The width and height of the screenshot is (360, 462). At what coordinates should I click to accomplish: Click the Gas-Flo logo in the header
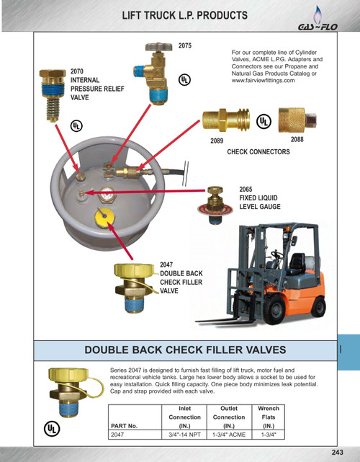click(x=318, y=19)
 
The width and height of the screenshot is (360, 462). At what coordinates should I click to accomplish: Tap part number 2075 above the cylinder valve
click(x=185, y=45)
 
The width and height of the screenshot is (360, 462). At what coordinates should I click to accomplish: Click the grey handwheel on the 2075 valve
click(x=158, y=47)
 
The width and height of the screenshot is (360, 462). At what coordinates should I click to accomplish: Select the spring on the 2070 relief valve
click(x=53, y=108)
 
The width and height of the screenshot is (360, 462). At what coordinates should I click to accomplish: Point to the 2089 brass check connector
click(x=226, y=120)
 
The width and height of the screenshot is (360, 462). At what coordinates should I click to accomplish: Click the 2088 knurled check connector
click(x=297, y=120)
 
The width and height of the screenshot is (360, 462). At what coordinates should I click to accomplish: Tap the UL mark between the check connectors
click(x=264, y=121)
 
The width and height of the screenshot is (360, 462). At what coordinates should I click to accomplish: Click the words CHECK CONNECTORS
click(x=258, y=152)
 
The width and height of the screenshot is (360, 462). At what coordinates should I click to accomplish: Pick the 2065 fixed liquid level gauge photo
click(x=215, y=205)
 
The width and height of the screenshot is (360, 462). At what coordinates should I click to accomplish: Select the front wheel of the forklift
click(x=275, y=310)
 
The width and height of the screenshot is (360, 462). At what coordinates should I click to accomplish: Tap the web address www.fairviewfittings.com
click(x=263, y=81)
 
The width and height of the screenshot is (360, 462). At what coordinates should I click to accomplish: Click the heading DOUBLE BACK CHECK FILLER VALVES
click(x=185, y=350)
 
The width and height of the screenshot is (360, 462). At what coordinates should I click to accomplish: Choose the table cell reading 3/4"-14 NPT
click(x=184, y=435)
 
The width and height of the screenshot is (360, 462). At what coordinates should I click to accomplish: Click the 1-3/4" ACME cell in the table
click(x=229, y=435)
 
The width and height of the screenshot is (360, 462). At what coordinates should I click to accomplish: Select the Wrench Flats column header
click(x=269, y=417)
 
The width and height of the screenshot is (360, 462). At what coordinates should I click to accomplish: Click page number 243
click(x=338, y=453)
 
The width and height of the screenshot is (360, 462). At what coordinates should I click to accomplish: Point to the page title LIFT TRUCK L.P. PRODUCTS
click(x=185, y=15)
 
